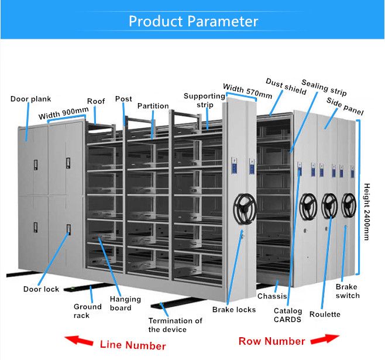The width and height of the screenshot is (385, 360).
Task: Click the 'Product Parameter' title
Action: click(192, 22)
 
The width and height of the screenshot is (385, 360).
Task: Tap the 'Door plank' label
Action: click(30, 99)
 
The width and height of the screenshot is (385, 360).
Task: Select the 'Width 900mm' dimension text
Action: click(64, 112)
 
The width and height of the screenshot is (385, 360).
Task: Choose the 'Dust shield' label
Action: click(286, 86)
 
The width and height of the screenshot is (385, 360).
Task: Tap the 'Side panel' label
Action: click(345, 107)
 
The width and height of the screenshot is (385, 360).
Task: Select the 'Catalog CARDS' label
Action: click(288, 315)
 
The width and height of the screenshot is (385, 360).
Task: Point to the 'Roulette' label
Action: click(325, 314)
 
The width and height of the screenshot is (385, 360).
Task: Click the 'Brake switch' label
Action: click(348, 291)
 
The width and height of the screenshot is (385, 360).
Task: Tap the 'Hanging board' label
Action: click(125, 303)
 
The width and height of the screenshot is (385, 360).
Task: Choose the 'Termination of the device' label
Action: click(175, 325)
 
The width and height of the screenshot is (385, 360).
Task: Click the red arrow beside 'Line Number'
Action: click(80, 341)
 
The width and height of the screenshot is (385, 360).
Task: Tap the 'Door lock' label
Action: click(41, 289)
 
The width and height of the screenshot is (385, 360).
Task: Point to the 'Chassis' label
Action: click(272, 296)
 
